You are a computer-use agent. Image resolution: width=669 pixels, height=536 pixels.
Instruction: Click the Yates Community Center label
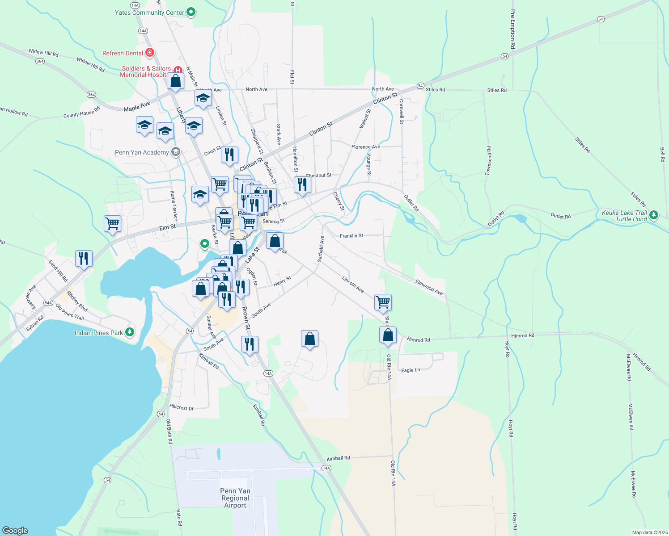point(149,13)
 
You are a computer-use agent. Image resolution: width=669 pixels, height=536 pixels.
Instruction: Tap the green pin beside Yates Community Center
point(191,12)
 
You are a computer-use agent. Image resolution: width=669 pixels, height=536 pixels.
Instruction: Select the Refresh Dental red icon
point(150,53)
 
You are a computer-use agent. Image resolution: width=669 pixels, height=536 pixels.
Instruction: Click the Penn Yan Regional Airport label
point(235,498)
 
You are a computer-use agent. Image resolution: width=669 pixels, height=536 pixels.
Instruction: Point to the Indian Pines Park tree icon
point(130,332)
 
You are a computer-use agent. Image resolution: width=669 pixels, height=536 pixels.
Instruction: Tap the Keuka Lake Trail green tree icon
point(654,215)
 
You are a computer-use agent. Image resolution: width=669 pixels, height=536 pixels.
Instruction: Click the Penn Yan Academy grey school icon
point(176,152)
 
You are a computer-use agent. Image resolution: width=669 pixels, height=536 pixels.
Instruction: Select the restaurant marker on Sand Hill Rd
point(84,258)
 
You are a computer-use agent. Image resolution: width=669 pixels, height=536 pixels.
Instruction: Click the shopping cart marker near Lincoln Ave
point(383,302)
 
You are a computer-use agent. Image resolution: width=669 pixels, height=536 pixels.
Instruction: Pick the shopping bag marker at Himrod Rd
point(388,335)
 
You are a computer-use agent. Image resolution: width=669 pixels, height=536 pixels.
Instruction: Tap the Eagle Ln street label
point(411,370)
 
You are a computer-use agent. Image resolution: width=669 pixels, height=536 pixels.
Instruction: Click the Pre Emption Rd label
point(513,29)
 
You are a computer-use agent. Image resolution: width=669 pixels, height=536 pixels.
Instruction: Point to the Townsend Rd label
point(489,160)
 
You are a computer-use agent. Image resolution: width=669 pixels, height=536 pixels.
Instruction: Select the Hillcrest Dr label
point(182,407)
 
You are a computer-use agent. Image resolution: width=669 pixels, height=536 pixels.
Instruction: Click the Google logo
point(15,531)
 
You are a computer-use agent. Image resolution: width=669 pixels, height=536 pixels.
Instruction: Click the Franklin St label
point(351,235)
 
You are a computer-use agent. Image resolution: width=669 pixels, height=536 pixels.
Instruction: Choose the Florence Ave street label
point(366,147)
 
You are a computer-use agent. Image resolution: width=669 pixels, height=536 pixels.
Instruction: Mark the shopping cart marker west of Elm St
point(112,223)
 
